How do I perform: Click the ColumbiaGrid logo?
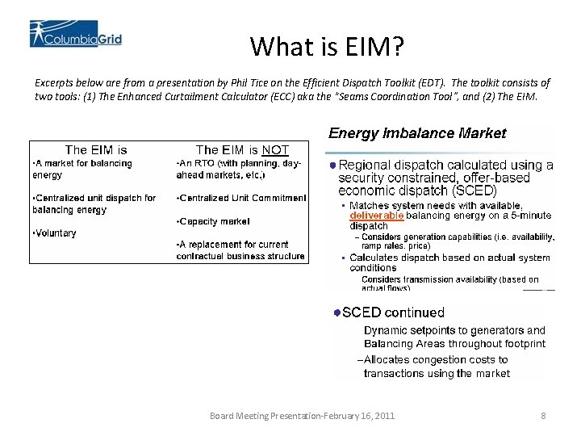pyautogui.click(x=76, y=34)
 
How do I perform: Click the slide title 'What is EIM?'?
pyautogui.click(x=326, y=46)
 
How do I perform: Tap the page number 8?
pyautogui.click(x=543, y=416)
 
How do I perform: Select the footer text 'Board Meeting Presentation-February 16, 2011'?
pyautogui.click(x=302, y=416)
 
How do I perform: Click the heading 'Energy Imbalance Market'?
pyautogui.click(x=417, y=133)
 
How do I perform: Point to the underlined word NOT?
pyautogui.click(x=274, y=150)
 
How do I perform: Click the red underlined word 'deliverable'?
pyautogui.click(x=376, y=216)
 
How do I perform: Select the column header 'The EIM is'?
pyautogui.click(x=96, y=150)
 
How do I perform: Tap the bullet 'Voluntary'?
pyautogui.click(x=55, y=233)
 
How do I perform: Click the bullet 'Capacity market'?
pyautogui.click(x=215, y=221)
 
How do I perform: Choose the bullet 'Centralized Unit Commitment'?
pyautogui.click(x=243, y=198)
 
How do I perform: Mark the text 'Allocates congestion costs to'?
pyautogui.click(x=436, y=360)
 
